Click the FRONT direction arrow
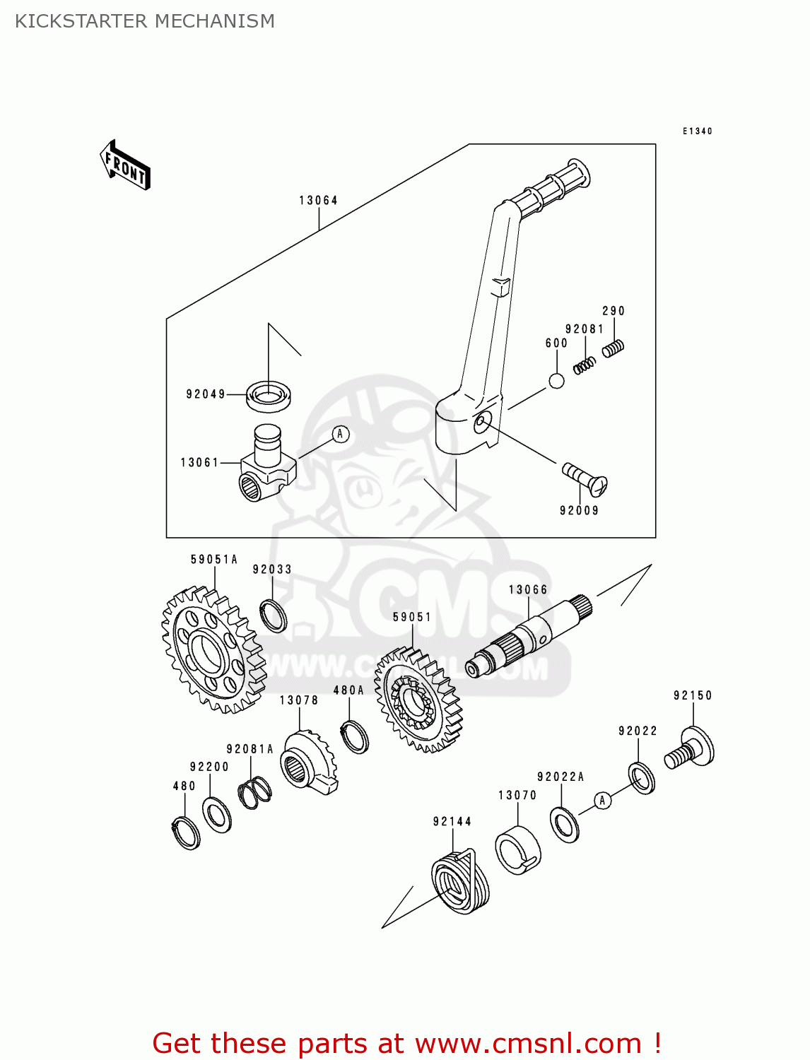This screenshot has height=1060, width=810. pyautogui.click(x=126, y=165)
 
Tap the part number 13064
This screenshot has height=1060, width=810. pyautogui.click(x=318, y=201)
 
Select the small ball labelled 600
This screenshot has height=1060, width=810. pyautogui.click(x=557, y=381)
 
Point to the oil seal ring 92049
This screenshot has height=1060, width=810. pyautogui.click(x=269, y=395)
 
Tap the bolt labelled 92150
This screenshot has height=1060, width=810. pyautogui.click(x=690, y=750)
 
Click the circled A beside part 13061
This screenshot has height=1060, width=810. pyautogui.click(x=340, y=434)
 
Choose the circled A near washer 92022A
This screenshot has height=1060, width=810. pyautogui.click(x=602, y=801)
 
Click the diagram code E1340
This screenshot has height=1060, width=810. pyautogui.click(x=697, y=131)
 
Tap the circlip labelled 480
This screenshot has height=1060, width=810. pyautogui.click(x=186, y=832)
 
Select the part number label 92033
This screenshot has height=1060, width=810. pyautogui.click(x=272, y=570)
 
